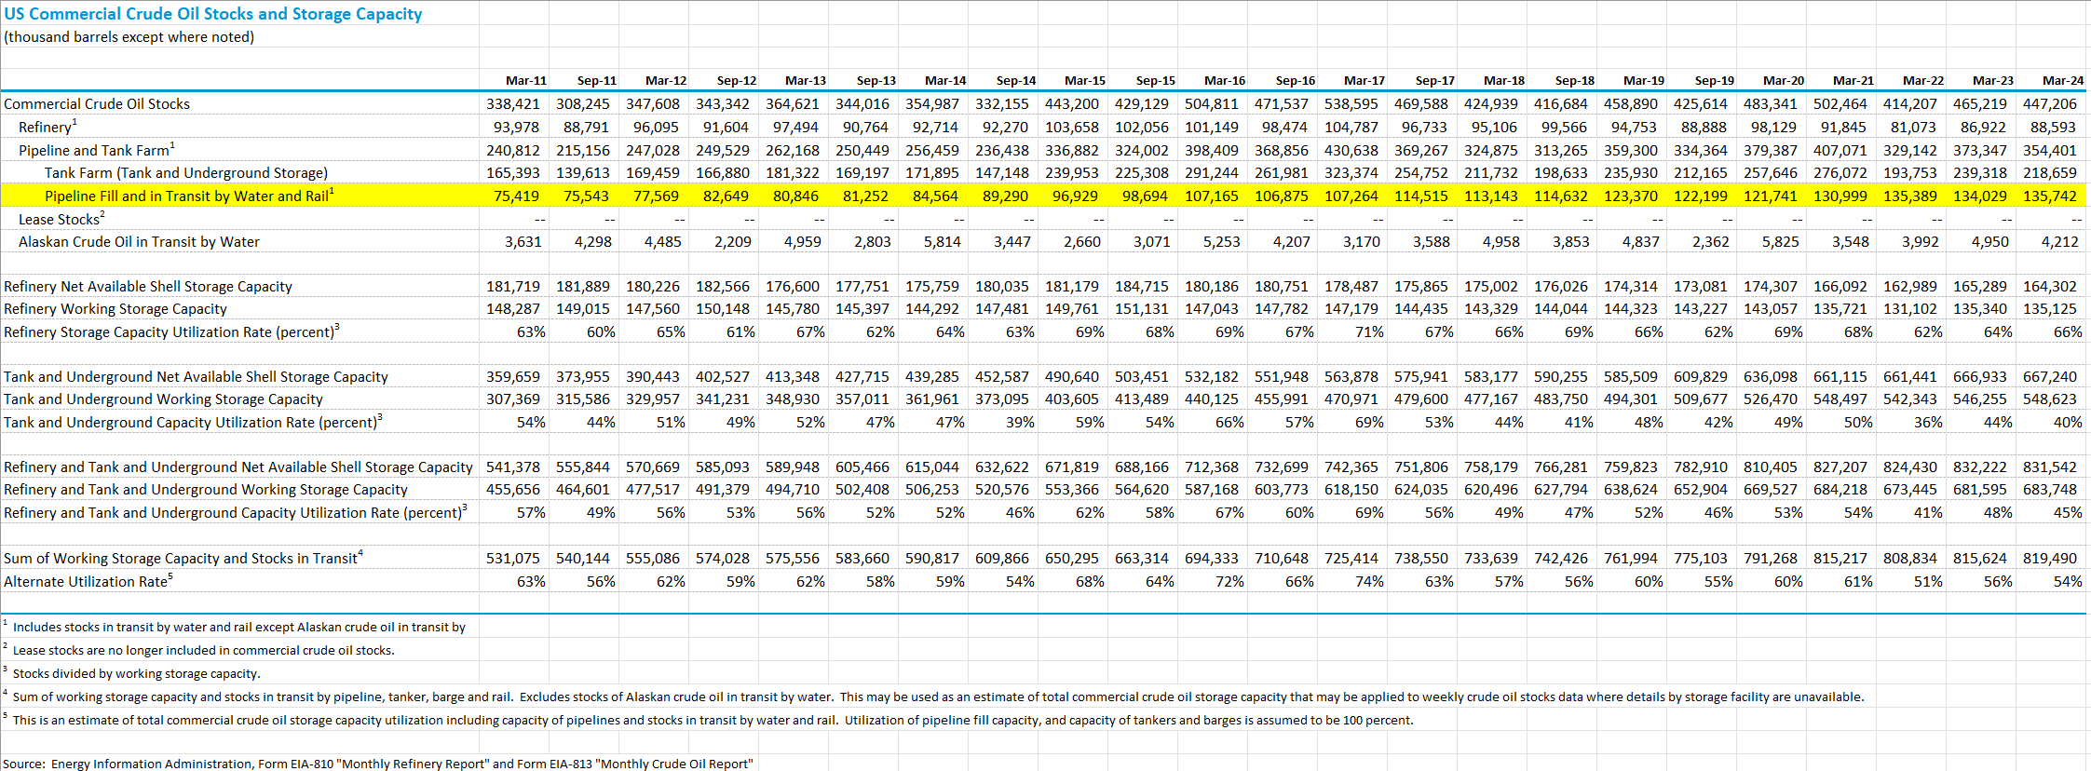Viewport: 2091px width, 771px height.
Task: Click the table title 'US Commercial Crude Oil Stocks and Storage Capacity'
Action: [x=213, y=14]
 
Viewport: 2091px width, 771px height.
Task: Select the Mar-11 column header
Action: [x=526, y=81]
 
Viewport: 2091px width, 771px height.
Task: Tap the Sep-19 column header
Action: [x=1715, y=81]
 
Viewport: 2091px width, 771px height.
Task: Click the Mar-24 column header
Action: [x=2063, y=81]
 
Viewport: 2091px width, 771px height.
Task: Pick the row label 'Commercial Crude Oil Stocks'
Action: [x=97, y=104]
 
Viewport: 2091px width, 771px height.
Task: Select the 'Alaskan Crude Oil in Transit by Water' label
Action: [x=139, y=242]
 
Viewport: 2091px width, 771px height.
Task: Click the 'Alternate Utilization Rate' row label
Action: [x=88, y=581]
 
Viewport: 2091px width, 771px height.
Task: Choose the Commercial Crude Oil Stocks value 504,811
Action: [x=1212, y=104]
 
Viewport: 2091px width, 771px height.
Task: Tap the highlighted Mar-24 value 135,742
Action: [x=2050, y=196]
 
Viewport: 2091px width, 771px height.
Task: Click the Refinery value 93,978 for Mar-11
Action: [x=516, y=128]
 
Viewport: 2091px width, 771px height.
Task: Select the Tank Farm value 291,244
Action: [x=1212, y=173]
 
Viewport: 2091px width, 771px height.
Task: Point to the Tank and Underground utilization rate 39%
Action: [x=1020, y=423]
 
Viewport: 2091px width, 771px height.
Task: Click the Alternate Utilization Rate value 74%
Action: [x=1369, y=582]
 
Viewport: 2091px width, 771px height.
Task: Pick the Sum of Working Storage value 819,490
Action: [x=2050, y=559]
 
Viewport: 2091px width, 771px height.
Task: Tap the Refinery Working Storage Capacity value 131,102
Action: [x=1910, y=309]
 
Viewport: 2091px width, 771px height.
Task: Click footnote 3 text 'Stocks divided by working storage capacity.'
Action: [x=136, y=673]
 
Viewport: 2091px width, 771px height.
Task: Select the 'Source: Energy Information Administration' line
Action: [x=377, y=764]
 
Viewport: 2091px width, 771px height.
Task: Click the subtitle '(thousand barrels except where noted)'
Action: [x=129, y=37]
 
